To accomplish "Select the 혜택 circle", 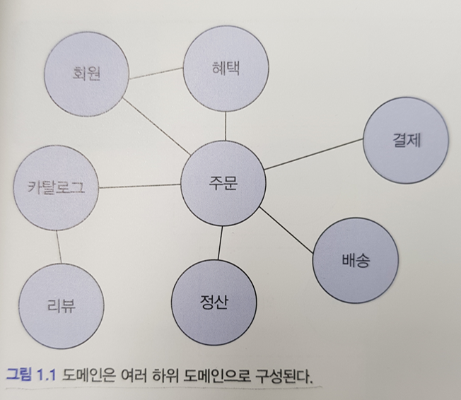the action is click(x=226, y=69).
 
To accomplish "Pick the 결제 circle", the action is click(x=406, y=140).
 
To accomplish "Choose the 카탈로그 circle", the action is click(x=57, y=189).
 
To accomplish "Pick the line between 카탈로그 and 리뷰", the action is click(x=59, y=247).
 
